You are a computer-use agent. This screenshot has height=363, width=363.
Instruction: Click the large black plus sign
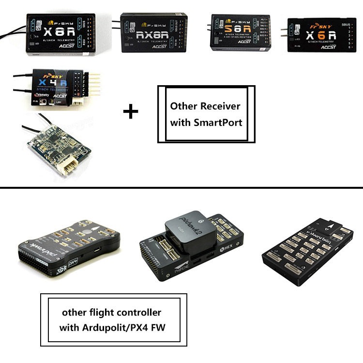pyautogui.click(x=130, y=112)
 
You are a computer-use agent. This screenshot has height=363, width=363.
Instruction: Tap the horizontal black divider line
pyautogui.click(x=181, y=187)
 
